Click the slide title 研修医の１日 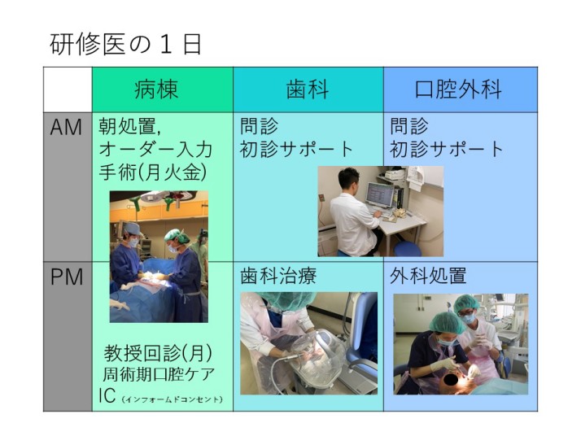tap(125, 45)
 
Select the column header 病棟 tap(156, 89)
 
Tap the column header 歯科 tap(308, 89)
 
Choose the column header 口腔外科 tap(458, 89)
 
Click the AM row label tap(66, 127)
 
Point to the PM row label tap(67, 277)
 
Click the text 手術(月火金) tap(153, 172)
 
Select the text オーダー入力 tap(155, 150)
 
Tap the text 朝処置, tap(129, 127)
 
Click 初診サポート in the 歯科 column tap(296, 150)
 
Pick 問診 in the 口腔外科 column tap(409, 127)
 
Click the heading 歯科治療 tap(278, 277)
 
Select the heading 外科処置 tap(428, 277)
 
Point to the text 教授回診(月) tap(158, 353)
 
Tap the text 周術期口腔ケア tap(158, 374)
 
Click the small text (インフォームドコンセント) tap(172, 399)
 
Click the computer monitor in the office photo tap(379, 195)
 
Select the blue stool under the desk tap(407, 248)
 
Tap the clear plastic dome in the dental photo tap(317, 357)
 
